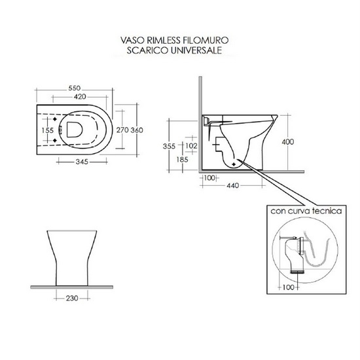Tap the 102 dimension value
[191, 145]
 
